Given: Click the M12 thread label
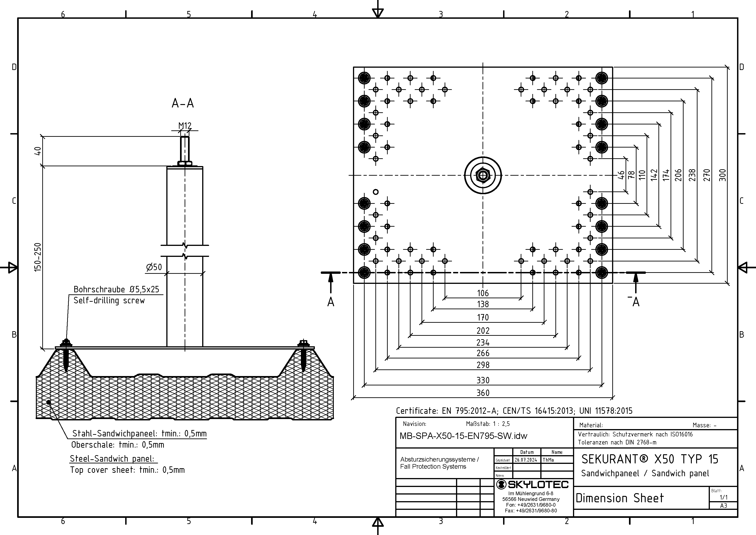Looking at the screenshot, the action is pyautogui.click(x=185, y=126).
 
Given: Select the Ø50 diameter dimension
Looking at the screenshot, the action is pyautogui.click(x=154, y=267).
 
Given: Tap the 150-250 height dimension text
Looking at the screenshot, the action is pyautogui.click(x=38, y=257).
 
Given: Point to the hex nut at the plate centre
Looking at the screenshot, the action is pyautogui.click(x=483, y=175).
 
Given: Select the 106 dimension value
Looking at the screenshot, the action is pyautogui.click(x=483, y=293).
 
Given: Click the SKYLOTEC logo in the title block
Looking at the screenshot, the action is pyautogui.click(x=532, y=484).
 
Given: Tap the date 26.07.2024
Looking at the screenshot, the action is pyautogui.click(x=526, y=460).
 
